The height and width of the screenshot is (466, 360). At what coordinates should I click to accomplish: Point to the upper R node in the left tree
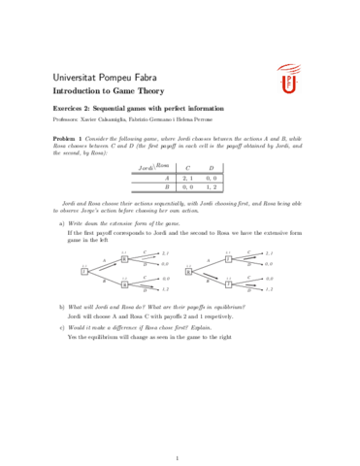click(125, 259)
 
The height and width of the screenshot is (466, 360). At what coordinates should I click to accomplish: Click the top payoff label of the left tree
click(165, 253)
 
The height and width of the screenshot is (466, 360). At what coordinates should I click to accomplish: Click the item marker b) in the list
click(62, 307)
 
